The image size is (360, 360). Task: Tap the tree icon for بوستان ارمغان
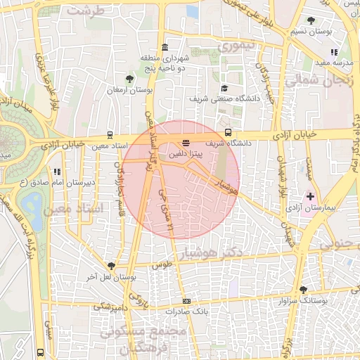(x=129, y=79)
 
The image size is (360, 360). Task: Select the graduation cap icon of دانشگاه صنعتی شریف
(x=224, y=89)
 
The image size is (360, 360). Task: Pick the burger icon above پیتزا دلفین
(x=185, y=143)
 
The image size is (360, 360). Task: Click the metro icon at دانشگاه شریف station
(x=228, y=132)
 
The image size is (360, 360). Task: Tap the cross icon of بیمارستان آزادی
(x=310, y=196)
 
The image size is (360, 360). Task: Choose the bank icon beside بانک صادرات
(x=186, y=301)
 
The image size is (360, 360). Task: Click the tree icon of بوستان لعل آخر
(x=111, y=265)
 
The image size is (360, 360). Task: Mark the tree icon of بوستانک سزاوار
(x=303, y=289)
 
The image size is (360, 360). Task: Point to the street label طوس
(x=162, y=264)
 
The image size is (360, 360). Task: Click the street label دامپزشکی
(x=112, y=307)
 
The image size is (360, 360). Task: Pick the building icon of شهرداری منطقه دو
(x=164, y=48)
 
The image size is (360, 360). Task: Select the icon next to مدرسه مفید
(x=333, y=51)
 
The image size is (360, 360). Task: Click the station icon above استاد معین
(x=110, y=134)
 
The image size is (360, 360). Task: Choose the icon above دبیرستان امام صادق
(x=57, y=171)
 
